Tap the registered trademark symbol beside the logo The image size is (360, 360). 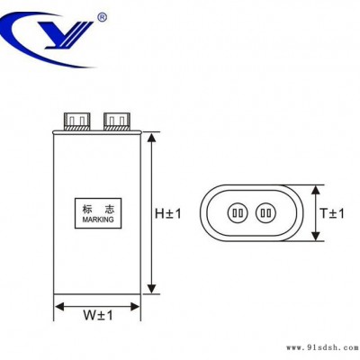(103, 17)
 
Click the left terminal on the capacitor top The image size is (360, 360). (76, 121)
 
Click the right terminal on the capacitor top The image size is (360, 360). (117, 121)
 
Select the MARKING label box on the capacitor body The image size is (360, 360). (98, 213)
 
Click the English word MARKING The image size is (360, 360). (98, 220)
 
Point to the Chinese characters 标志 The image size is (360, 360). (98, 209)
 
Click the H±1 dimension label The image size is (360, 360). (168, 214)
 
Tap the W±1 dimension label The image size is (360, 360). (98, 315)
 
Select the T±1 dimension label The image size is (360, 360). (332, 213)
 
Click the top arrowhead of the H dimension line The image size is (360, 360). (152, 138)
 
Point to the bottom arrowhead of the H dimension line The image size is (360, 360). (152, 288)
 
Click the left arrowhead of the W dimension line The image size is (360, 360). (59, 307)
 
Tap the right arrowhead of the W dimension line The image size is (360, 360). (134, 307)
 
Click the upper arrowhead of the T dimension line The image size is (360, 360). (315, 191)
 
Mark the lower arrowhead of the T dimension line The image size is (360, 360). (315, 235)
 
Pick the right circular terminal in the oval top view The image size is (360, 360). (265, 213)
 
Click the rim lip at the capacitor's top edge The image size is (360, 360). (96, 131)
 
